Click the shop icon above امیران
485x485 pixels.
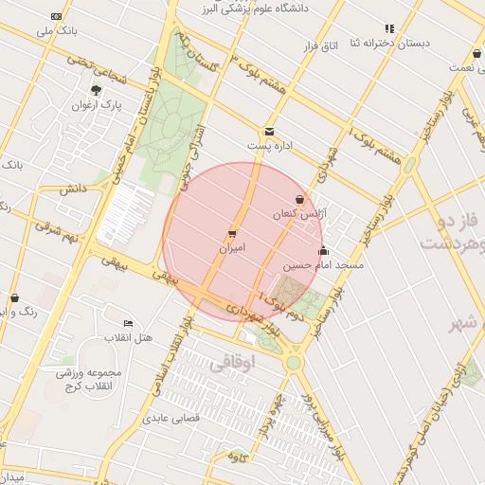232,233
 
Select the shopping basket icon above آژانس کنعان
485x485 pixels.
300,200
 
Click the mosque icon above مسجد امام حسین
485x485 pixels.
324,251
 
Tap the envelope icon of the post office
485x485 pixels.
270,132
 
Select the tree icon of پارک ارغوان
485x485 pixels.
96,91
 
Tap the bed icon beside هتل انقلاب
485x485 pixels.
129,324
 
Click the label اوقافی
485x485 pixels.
228,362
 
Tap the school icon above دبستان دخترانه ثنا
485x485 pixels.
388,28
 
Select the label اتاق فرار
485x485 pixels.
318,45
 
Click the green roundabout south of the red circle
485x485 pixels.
293,362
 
